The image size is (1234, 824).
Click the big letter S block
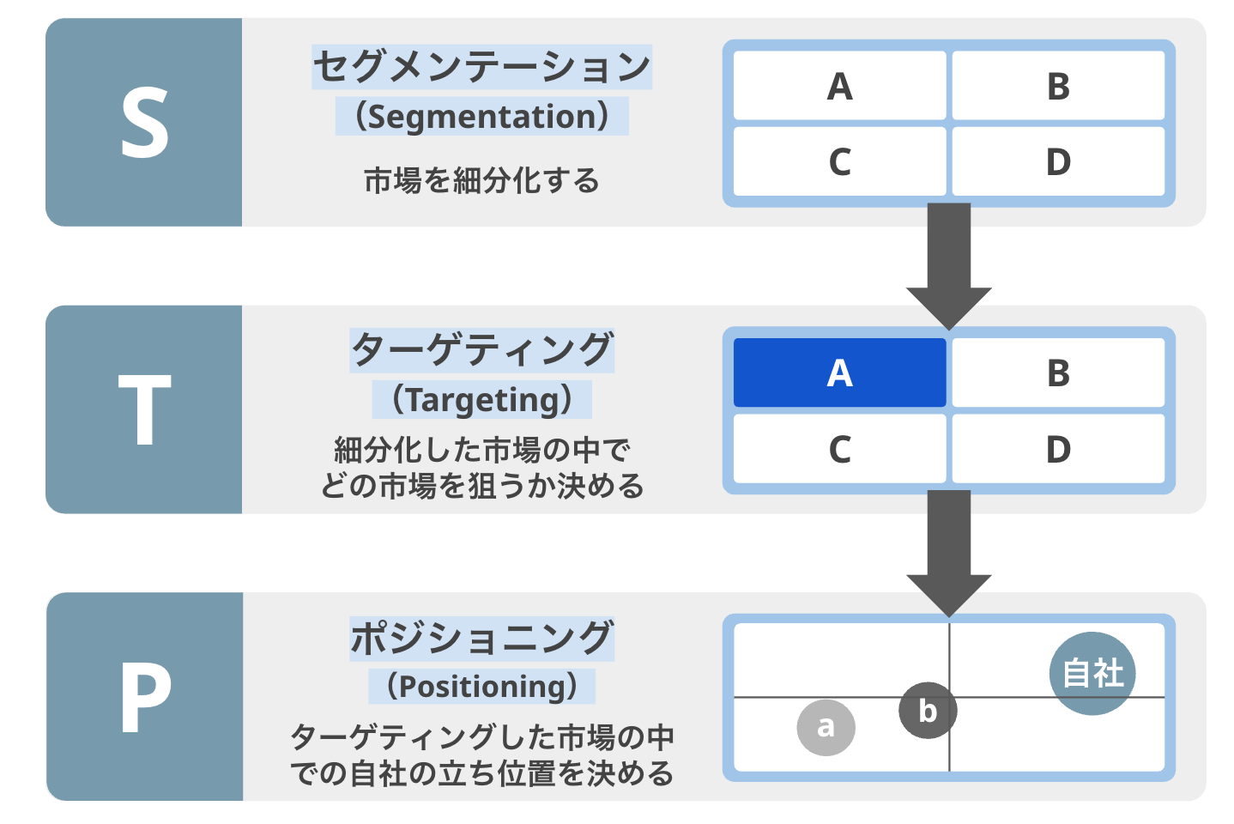[x=144, y=123]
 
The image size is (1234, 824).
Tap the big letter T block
[x=144, y=409]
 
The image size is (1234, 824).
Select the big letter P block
[x=144, y=696]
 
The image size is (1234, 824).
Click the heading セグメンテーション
[x=481, y=67]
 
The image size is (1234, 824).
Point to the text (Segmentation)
[x=481, y=117]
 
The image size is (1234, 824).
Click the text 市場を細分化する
[x=481, y=181]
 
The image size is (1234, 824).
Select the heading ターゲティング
[x=481, y=350]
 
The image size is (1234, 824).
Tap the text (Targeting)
[x=481, y=400]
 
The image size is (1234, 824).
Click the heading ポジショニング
[x=481, y=639]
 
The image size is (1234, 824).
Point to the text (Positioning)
[x=481, y=687]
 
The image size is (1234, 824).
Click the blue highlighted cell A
[x=839, y=373]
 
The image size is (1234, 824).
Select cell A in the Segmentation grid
[x=839, y=86]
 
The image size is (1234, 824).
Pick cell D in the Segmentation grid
[x=1058, y=162]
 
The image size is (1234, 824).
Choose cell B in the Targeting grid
[x=1058, y=373]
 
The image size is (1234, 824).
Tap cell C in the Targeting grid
[x=839, y=449]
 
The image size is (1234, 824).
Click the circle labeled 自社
[x=1092, y=673]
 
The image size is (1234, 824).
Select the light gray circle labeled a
[x=826, y=727]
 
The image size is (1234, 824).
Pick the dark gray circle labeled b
[x=928, y=710]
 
